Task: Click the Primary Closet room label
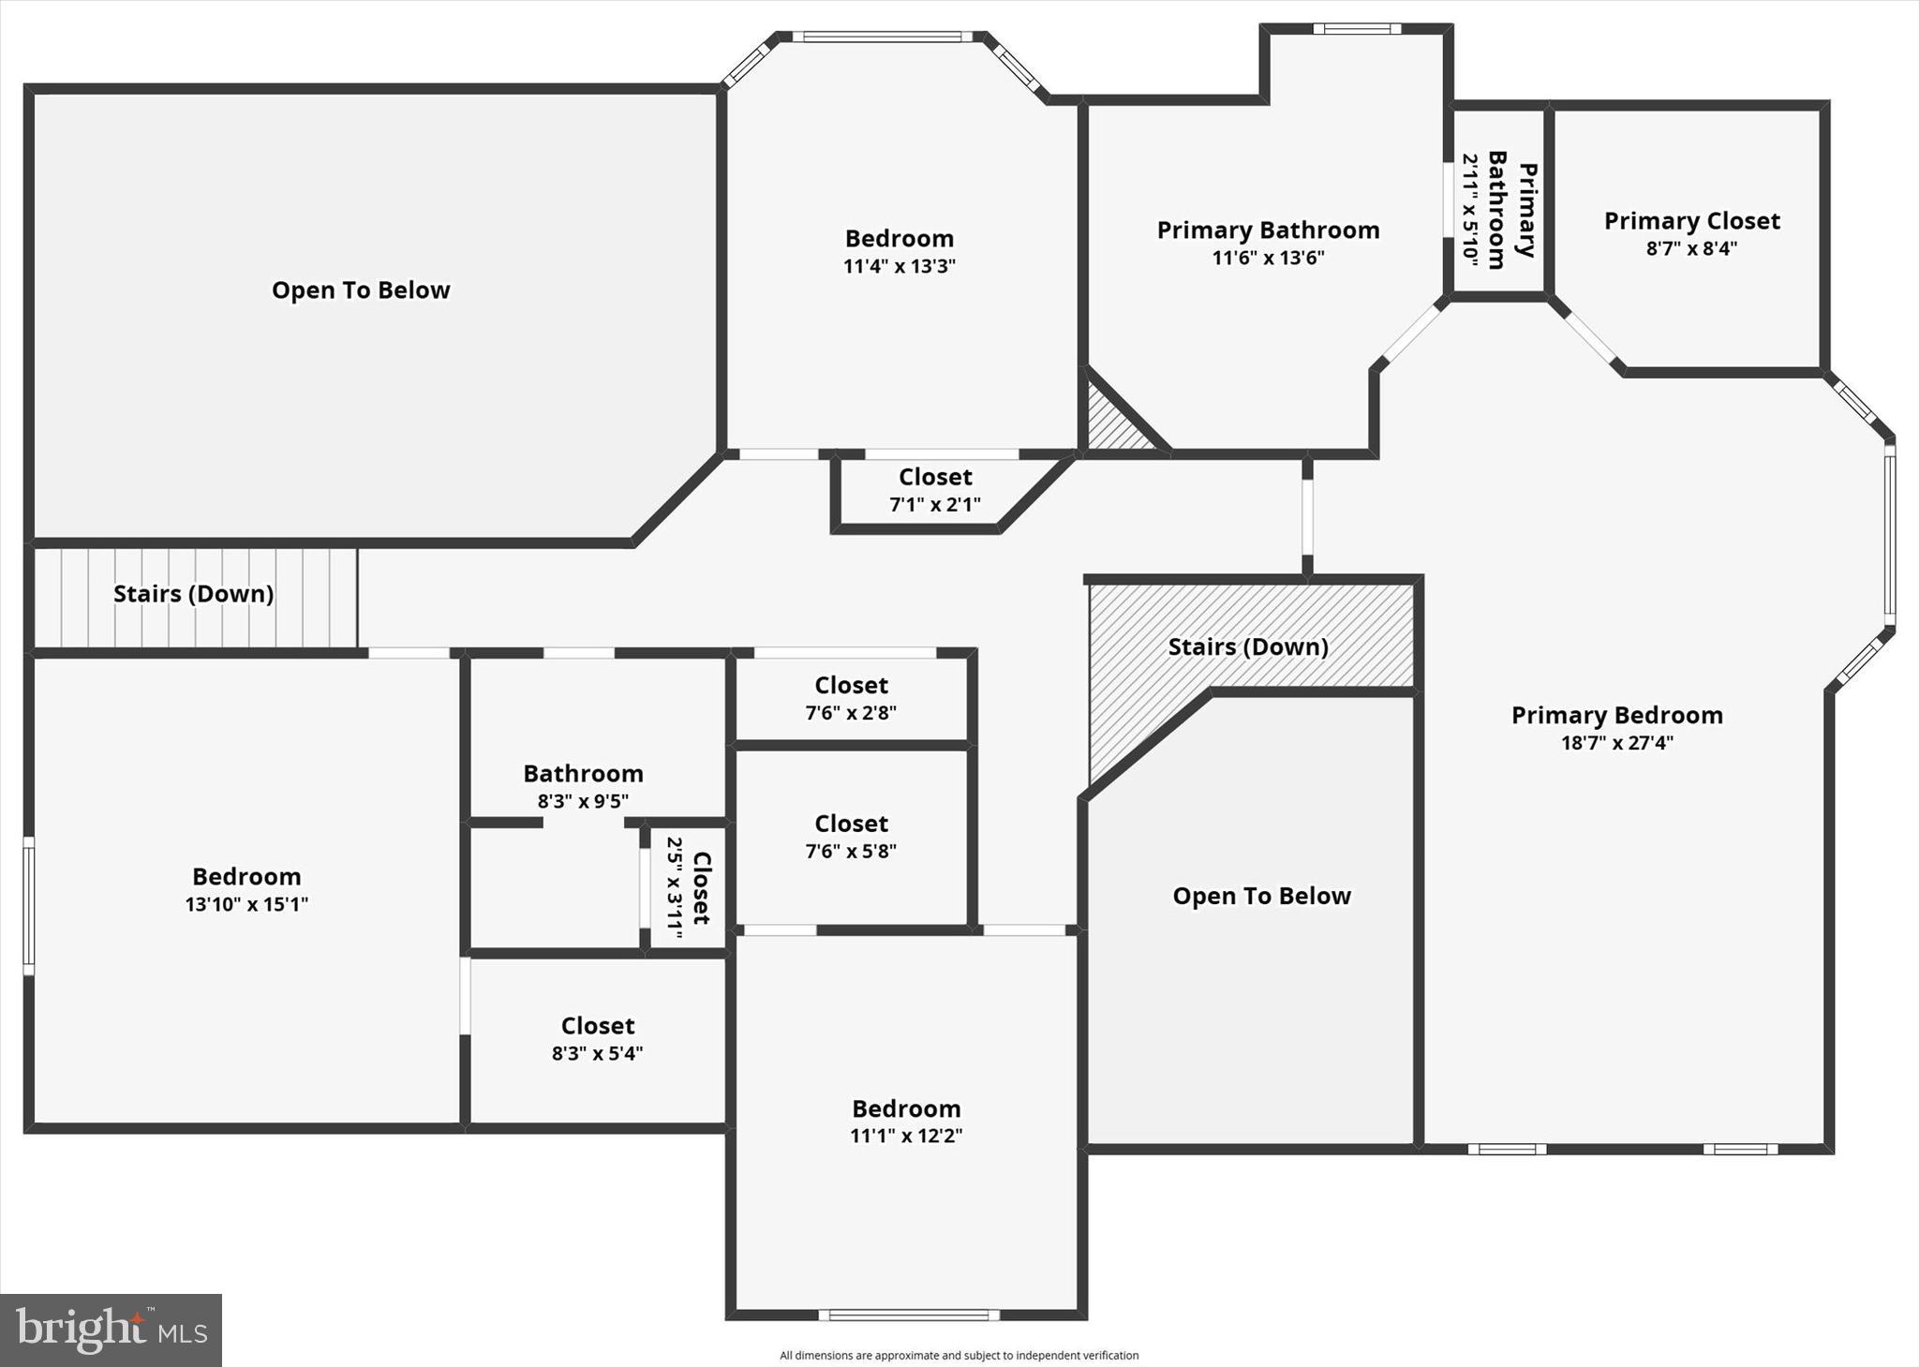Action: click(x=1691, y=222)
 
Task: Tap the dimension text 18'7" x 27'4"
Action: click(x=1616, y=743)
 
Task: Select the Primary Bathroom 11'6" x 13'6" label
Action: click(x=1268, y=243)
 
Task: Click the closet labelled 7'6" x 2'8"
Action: click(x=851, y=698)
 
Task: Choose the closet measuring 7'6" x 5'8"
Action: click(x=851, y=837)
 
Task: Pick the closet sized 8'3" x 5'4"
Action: click(x=597, y=1038)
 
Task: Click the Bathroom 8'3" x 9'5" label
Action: click(x=583, y=786)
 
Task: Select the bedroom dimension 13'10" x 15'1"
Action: click(x=246, y=904)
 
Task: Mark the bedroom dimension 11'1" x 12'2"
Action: click(x=906, y=1136)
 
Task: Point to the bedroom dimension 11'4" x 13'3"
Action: click(x=899, y=266)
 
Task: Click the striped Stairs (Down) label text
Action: click(x=193, y=594)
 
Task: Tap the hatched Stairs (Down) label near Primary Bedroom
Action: click(x=1248, y=647)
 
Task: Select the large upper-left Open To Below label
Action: click(x=361, y=290)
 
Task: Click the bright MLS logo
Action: click(x=111, y=1330)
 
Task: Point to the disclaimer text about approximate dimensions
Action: click(x=959, y=1355)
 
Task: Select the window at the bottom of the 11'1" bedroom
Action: click(x=908, y=1315)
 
